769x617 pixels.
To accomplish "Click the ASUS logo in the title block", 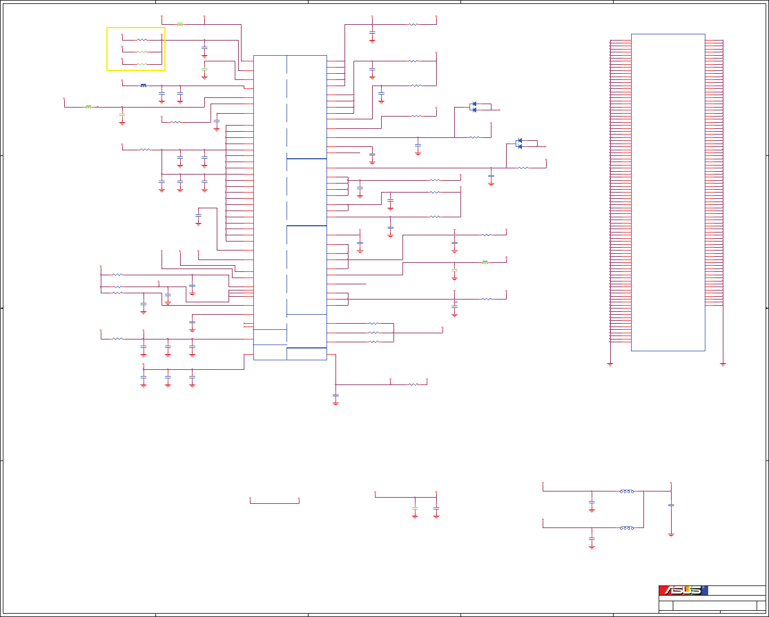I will [x=683, y=590].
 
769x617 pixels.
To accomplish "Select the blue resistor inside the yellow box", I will [x=142, y=40].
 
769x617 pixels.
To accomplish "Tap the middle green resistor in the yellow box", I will [x=142, y=52].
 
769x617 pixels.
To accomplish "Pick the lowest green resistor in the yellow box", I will [x=142, y=64].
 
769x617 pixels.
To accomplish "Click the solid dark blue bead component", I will [x=144, y=86].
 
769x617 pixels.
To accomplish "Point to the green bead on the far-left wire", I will [x=88, y=106].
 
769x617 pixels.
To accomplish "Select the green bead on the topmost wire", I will [x=180, y=24].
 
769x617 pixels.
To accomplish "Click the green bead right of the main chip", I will [x=485, y=262].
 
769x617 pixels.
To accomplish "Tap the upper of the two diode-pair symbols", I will [x=473, y=107].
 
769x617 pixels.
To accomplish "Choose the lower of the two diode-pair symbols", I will [x=519, y=144].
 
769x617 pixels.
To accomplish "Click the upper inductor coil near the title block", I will [x=627, y=491].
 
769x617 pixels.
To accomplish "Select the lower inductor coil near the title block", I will [x=627, y=528].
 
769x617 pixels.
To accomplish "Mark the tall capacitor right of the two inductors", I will [x=671, y=505].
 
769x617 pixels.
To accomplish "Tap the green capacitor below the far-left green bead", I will [x=122, y=115].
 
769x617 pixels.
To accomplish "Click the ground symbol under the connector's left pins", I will [x=610, y=364].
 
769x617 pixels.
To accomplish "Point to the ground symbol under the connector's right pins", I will [x=723, y=364].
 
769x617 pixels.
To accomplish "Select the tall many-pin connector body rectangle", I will [x=668, y=192].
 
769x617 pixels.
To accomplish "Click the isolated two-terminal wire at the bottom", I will [x=274, y=503].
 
